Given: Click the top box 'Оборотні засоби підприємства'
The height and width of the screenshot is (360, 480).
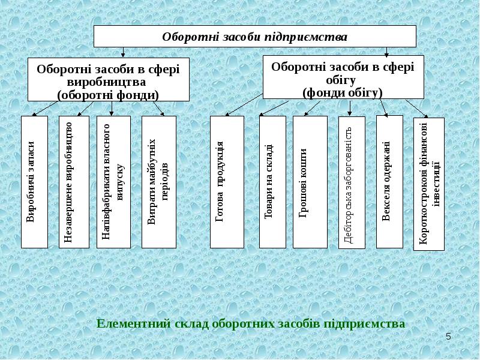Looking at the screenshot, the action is pyautogui.click(x=254, y=36).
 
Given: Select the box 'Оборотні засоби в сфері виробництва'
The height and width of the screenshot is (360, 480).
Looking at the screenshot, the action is pyautogui.click(x=109, y=79).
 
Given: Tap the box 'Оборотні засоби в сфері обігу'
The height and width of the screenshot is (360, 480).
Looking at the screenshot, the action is pyautogui.click(x=343, y=77).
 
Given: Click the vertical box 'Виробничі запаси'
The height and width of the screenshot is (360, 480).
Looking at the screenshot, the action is pyautogui.click(x=34, y=182).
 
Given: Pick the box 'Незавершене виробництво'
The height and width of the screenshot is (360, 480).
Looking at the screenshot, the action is pyautogui.click(x=74, y=182).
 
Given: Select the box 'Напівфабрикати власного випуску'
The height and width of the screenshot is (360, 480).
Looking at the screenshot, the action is pyautogui.click(x=113, y=182).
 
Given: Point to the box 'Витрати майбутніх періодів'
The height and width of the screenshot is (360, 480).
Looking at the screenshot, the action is pyautogui.click(x=159, y=182).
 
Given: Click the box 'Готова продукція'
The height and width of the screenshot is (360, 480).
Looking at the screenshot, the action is pyautogui.click(x=227, y=182).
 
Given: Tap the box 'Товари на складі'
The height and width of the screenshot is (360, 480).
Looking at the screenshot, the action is pyautogui.click(x=272, y=182).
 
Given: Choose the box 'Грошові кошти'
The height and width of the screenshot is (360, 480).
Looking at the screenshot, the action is pyautogui.click(x=310, y=182).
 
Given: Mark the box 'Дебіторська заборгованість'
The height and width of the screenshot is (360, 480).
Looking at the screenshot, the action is pyautogui.click(x=352, y=182).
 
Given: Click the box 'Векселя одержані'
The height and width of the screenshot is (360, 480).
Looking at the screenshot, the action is pyautogui.click(x=389, y=182).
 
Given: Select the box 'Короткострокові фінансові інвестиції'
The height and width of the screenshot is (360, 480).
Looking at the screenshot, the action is pyautogui.click(x=429, y=184).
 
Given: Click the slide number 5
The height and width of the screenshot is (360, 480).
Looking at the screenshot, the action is pyautogui.click(x=448, y=337).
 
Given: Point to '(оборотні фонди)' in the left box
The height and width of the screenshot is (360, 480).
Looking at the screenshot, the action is pyautogui.click(x=108, y=95).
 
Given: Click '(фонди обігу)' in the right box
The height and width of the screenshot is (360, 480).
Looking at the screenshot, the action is pyautogui.click(x=343, y=93).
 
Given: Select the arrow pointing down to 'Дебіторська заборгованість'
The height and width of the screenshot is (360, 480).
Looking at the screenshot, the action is pyautogui.click(x=350, y=108).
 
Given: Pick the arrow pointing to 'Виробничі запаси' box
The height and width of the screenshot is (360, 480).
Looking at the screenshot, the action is pyautogui.click(x=46, y=109).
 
